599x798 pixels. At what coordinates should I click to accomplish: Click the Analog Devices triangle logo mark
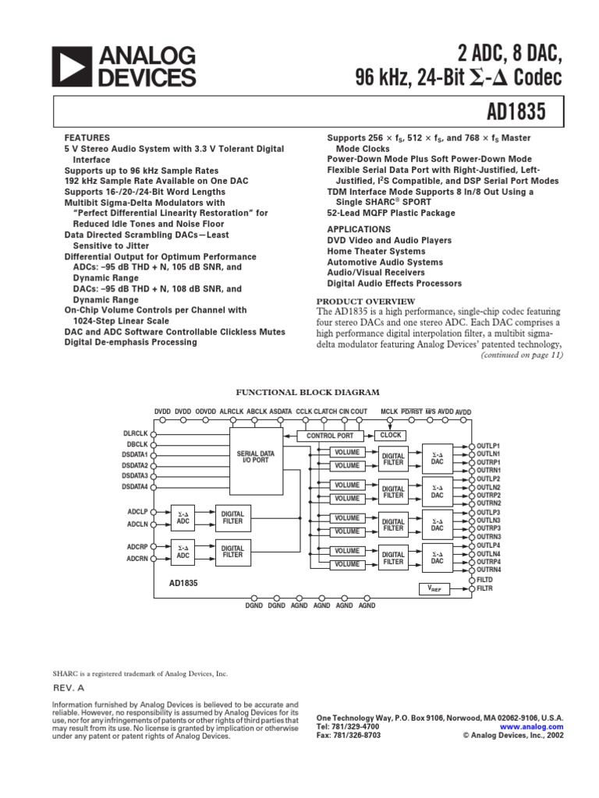point(73,66)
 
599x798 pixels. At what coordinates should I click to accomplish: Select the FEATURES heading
point(87,136)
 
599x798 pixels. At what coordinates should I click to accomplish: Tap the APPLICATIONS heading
point(359,230)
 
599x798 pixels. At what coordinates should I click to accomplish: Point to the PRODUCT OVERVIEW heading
point(365,302)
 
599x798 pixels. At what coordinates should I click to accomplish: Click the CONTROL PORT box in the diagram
point(330,436)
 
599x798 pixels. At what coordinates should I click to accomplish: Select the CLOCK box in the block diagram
point(391,436)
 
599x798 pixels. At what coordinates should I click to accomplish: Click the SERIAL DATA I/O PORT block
point(256,457)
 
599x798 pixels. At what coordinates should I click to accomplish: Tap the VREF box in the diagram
point(434,590)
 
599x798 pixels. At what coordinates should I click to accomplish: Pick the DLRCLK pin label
point(136,433)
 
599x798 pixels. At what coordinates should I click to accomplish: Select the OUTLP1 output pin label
point(488,446)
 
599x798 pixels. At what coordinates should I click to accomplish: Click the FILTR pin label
point(485,589)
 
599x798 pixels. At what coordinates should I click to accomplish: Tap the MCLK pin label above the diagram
point(389,411)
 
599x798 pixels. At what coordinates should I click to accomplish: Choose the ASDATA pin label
point(281,411)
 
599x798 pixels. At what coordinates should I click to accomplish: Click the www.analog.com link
point(537,726)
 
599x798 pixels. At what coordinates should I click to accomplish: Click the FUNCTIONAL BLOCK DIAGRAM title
point(307,393)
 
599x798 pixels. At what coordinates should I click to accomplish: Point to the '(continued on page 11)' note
point(516,355)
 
